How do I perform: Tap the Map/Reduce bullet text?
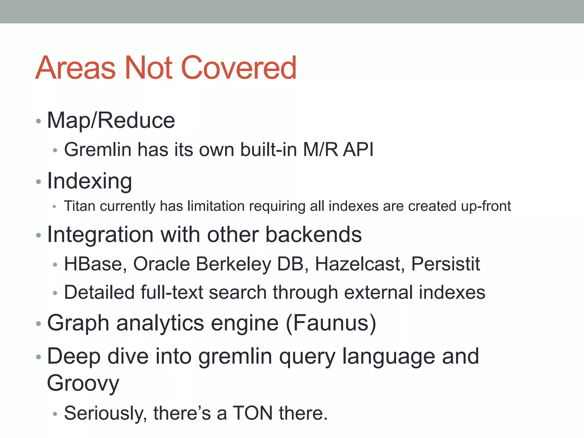click(111, 120)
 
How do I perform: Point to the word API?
click(358, 149)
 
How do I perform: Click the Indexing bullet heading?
click(90, 181)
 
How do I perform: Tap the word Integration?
click(100, 235)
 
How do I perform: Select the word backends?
click(313, 235)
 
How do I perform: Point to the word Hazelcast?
click(360, 264)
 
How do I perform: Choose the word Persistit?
click(446, 264)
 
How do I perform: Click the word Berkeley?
click(234, 264)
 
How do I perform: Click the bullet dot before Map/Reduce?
click(38, 121)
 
